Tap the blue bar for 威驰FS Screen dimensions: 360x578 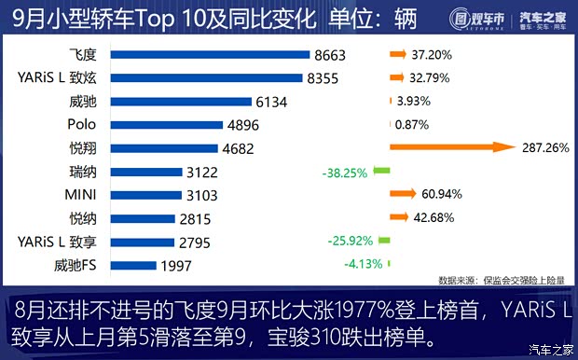click(x=135, y=265)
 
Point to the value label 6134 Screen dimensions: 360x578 click(x=274, y=102)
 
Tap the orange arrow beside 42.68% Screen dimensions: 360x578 click(x=399, y=217)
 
